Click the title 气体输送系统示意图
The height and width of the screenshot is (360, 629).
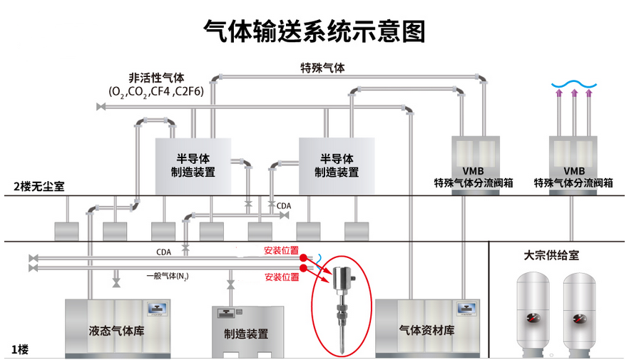pyautogui.click(x=314, y=30)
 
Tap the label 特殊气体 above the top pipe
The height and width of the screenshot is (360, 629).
pyautogui.click(x=322, y=68)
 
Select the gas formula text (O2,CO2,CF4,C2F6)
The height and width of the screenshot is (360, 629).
pyautogui.click(x=155, y=92)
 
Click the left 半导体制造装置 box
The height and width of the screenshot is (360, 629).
pyautogui.click(x=193, y=165)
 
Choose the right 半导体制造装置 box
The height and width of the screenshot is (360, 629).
pyautogui.click(x=336, y=165)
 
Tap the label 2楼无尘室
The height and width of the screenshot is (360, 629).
pyautogui.click(x=38, y=187)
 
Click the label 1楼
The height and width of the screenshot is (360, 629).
pyautogui.click(x=20, y=349)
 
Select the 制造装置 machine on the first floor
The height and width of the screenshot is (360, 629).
pyautogui.click(x=247, y=332)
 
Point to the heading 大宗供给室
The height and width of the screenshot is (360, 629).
pyautogui.click(x=553, y=254)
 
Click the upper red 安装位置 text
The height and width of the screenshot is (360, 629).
pyautogui.click(x=281, y=251)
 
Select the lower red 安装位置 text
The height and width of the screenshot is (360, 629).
pyautogui.click(x=281, y=277)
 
